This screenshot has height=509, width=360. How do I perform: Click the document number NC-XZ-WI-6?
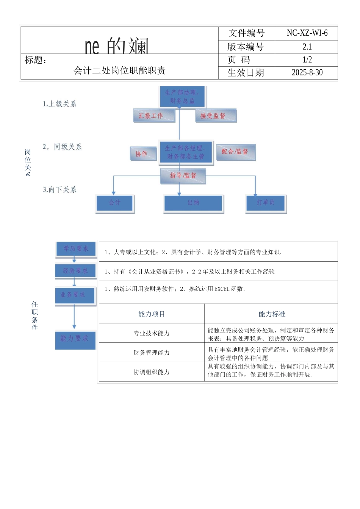point(307,33)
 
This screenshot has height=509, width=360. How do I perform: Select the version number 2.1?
point(307,47)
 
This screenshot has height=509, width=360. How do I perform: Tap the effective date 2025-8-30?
point(307,72)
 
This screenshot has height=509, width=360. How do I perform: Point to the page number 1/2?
point(307,60)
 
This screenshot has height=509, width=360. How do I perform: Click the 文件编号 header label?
point(246,33)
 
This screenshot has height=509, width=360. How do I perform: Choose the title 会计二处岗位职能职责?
point(119,70)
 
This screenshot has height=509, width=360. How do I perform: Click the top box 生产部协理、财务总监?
point(182,97)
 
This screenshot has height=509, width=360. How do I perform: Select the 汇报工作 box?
point(154,116)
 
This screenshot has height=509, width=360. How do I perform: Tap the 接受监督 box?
point(216,116)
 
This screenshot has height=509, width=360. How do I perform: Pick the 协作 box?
point(143,153)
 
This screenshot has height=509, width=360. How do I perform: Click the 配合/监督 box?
point(236,151)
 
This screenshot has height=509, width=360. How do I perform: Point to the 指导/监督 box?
point(183,176)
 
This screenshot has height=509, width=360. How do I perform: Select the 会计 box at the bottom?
point(114,203)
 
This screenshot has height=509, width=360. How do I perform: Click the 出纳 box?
point(193,203)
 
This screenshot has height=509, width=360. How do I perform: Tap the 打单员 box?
point(266,203)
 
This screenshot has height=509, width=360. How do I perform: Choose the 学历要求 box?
point(75,249)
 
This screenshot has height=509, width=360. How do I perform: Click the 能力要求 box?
point(75,338)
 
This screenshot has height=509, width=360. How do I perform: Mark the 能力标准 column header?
point(271,314)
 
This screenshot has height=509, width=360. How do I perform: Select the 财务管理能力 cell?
point(152,353)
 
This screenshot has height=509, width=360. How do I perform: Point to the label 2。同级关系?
point(62,147)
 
